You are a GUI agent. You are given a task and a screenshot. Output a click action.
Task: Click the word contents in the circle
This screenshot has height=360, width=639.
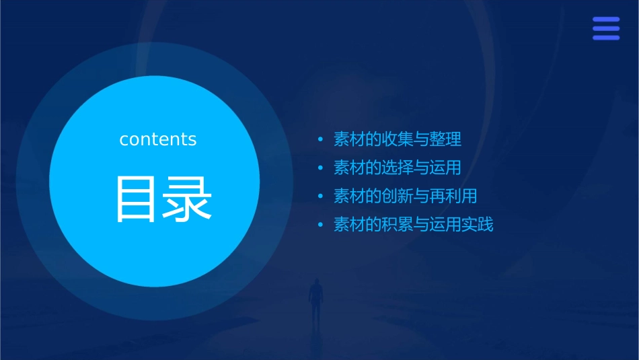158,139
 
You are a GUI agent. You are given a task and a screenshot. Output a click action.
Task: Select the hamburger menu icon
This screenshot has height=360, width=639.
606,29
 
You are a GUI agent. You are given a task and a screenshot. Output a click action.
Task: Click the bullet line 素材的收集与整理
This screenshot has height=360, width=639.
398,140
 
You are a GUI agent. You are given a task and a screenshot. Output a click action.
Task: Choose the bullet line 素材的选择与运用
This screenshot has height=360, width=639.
398,168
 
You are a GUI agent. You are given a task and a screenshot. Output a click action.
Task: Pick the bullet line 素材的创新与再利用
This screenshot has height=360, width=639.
406,196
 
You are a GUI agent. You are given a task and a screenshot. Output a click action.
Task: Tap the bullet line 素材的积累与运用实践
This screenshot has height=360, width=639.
414,225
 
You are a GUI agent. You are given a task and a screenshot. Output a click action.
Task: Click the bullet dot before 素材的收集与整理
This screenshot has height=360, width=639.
320,141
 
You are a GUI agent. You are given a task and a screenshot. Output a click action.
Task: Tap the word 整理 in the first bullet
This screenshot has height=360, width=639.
445,140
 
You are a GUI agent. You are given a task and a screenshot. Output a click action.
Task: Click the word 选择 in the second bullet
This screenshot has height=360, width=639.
398,168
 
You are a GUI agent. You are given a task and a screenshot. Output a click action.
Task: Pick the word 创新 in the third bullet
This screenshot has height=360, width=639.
398,196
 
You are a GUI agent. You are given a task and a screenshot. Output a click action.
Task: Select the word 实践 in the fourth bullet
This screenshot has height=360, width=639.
478,225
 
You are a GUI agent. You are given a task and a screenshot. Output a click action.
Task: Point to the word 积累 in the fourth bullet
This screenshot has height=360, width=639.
398,225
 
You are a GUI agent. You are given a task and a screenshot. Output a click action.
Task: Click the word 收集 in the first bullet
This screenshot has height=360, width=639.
398,140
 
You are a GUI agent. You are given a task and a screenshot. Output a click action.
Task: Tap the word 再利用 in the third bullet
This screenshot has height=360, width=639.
453,196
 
